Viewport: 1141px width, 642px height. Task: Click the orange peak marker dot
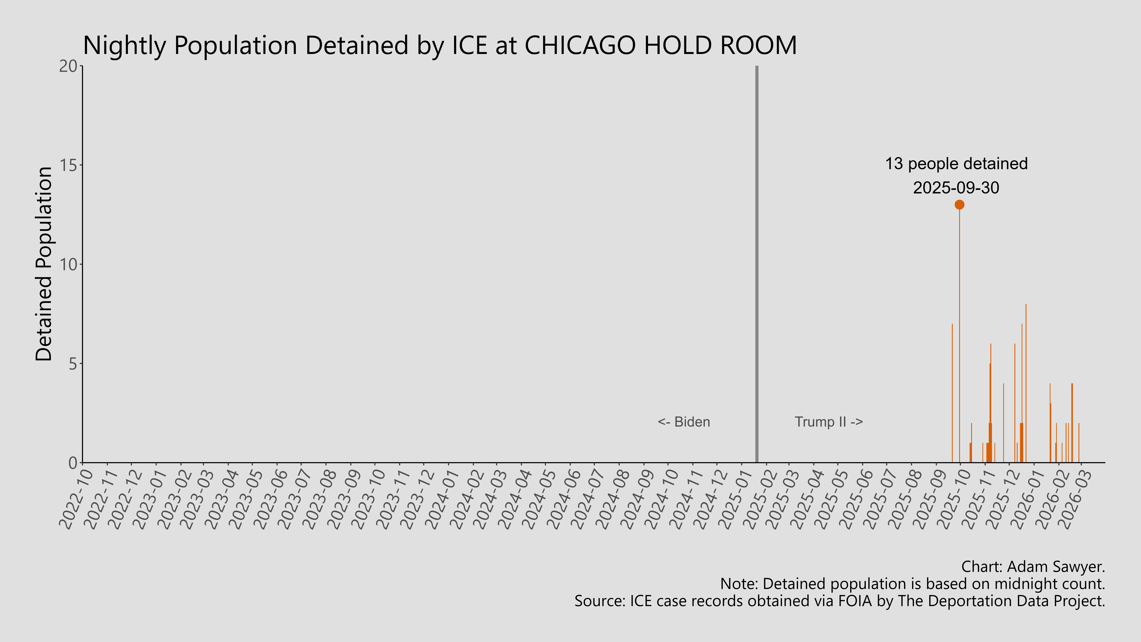click(x=959, y=205)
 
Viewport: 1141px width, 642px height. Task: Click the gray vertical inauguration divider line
click(x=757, y=266)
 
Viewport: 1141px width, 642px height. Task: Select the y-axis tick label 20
click(x=68, y=66)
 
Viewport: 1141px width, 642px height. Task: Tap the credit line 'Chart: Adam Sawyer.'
click(x=1033, y=567)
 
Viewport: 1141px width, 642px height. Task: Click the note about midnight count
click(x=912, y=584)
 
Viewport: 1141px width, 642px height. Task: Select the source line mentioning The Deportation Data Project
click(x=839, y=601)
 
